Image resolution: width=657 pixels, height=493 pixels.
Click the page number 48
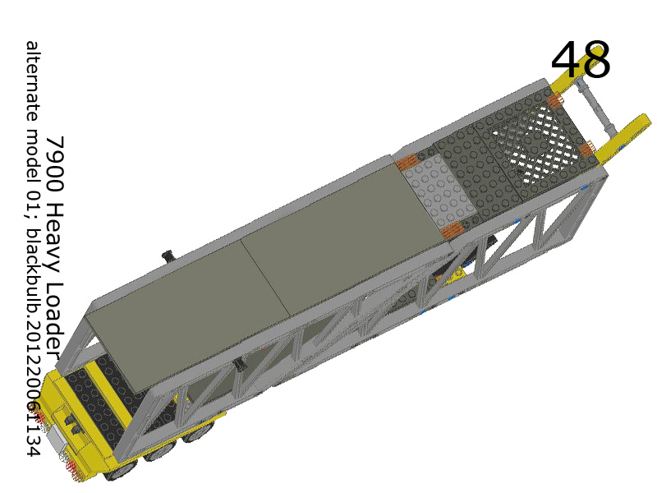581,61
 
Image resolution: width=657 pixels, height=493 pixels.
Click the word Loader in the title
55,308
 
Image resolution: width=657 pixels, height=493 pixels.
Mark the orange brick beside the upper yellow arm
554,100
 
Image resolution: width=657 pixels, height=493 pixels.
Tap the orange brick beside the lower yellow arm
586,150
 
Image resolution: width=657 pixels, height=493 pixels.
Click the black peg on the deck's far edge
168,256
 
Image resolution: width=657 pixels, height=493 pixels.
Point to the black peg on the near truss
239,363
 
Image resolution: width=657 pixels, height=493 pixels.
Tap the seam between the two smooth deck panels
266,279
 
